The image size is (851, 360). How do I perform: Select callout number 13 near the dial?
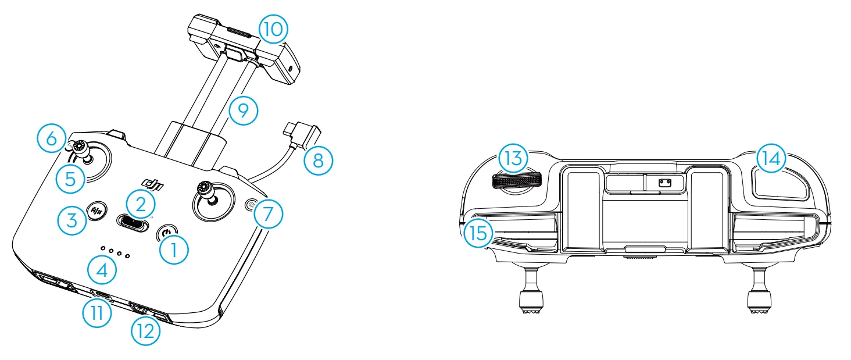(x=513, y=159)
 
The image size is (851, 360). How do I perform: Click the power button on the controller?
(x=167, y=233)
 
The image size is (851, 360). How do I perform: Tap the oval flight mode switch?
(x=133, y=222)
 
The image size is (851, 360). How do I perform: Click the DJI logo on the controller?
(x=152, y=184)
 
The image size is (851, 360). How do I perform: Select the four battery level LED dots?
(x=115, y=252)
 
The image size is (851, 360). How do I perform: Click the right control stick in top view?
(x=206, y=197)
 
